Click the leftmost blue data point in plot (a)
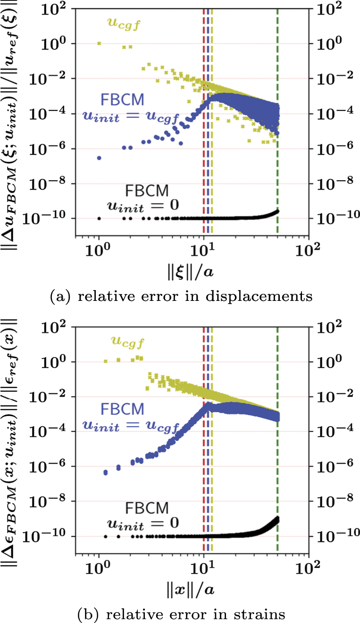[x=99, y=158]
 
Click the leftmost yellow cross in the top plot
[x=99, y=43]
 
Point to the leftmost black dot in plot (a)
[x=99, y=218]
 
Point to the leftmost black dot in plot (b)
[x=105, y=536]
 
